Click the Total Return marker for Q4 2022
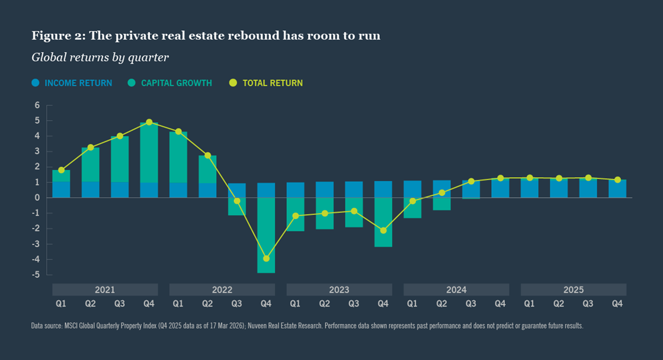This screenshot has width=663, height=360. [x=266, y=259]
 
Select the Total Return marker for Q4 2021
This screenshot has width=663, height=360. [x=149, y=123]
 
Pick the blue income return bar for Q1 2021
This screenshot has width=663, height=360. [x=61, y=189]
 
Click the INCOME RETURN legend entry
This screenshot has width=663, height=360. [x=72, y=83]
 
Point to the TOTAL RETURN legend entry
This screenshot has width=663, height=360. [x=266, y=83]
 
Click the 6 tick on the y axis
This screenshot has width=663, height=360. [x=37, y=105]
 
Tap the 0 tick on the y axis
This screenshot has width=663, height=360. [x=37, y=198]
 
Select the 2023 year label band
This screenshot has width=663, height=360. [x=339, y=290]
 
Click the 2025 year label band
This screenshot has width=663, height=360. [x=573, y=290]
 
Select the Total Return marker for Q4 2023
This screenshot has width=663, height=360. [x=383, y=230]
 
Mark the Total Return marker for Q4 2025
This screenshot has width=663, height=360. [x=617, y=179]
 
